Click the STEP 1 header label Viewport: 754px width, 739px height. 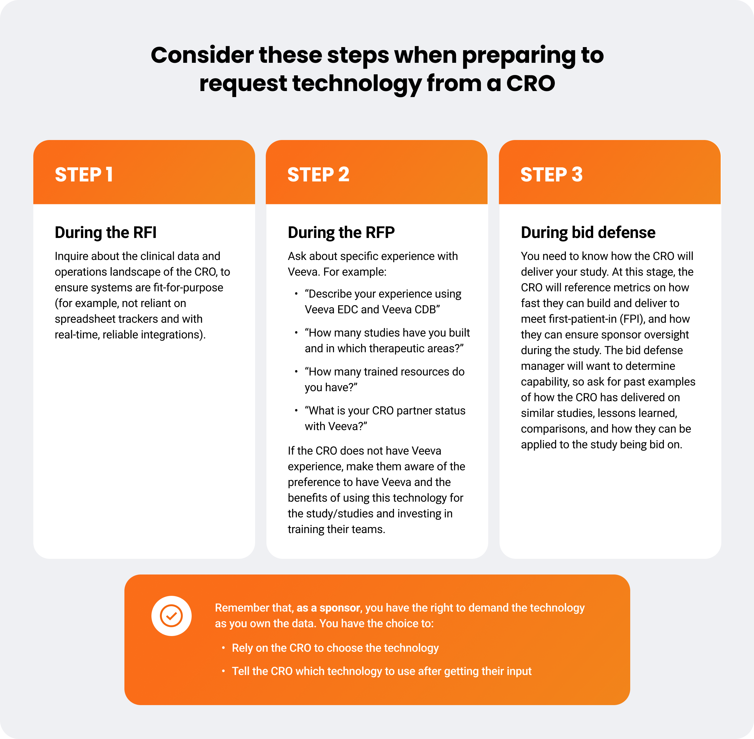point(84,174)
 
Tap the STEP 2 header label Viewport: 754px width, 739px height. point(318,174)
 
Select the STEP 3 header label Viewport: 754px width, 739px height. point(551,174)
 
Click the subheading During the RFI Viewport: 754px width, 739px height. point(105,233)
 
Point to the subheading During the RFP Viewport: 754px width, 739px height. point(341,233)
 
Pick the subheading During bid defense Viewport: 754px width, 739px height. point(588,233)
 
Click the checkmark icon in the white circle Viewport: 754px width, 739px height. point(171,616)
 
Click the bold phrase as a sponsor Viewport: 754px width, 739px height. point(328,608)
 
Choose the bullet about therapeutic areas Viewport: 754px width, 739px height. point(387,340)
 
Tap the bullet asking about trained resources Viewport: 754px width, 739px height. point(384,379)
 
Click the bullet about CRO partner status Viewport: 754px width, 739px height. point(385,418)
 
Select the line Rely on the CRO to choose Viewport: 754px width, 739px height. point(335,648)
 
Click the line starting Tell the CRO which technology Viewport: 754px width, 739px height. point(381,671)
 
